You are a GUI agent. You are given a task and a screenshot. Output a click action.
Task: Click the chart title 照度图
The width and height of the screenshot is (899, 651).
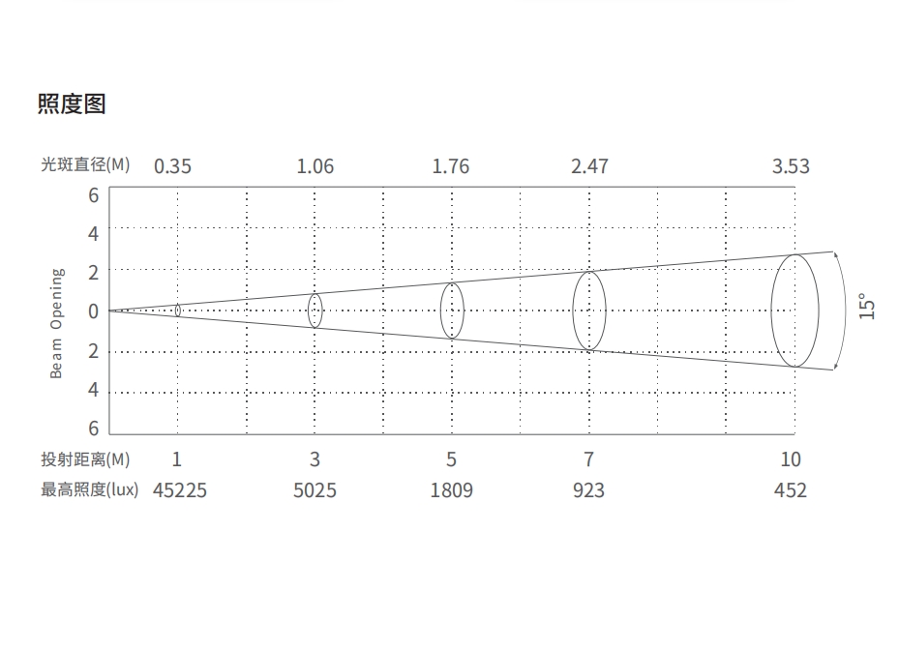72,104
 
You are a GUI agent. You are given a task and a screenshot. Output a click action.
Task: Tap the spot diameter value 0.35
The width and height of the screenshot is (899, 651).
172,166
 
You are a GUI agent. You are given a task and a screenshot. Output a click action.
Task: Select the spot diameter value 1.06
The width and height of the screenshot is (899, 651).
315,166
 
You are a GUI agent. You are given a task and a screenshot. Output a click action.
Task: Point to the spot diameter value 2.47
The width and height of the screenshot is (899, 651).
589,166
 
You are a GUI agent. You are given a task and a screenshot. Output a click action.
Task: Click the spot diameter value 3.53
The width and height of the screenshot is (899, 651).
791,166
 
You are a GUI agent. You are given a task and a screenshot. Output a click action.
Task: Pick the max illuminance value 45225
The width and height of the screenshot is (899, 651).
179,490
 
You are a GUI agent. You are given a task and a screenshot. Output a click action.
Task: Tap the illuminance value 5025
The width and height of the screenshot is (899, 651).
315,490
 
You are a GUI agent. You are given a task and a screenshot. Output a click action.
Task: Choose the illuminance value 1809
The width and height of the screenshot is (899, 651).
452,490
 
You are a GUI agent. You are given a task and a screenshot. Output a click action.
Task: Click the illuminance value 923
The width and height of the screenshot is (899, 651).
588,490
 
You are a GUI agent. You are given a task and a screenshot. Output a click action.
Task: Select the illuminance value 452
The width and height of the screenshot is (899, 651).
791,490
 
